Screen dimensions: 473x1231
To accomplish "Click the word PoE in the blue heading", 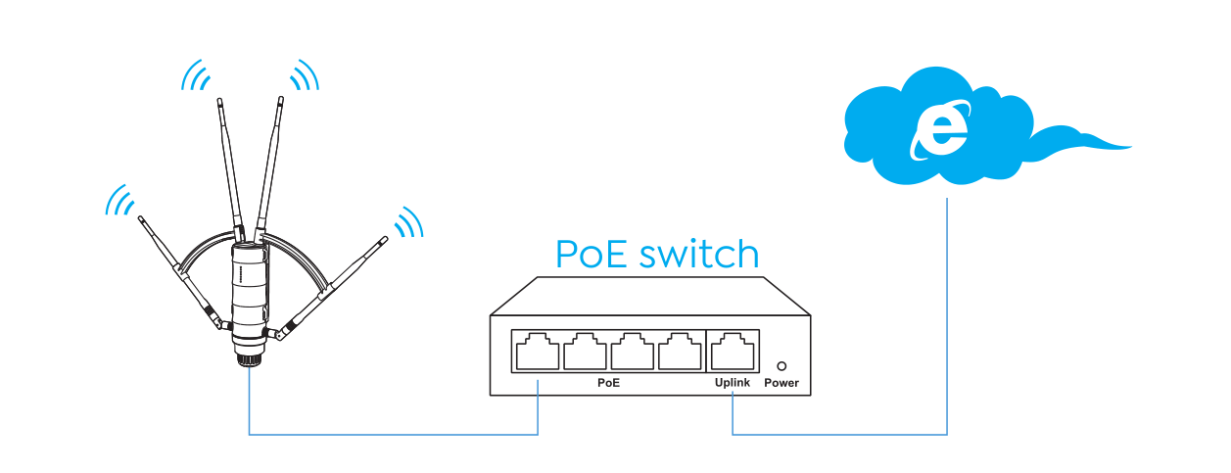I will click(591, 255).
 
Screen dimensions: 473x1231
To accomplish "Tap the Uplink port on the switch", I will click(733, 352).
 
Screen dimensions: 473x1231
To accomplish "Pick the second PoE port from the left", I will click(585, 352).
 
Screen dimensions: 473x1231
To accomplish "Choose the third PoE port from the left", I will click(632, 352).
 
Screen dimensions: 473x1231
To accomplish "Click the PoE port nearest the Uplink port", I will click(680, 352).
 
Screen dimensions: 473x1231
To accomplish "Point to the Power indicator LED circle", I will click(781, 364).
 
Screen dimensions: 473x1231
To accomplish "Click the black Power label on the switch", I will click(781, 383).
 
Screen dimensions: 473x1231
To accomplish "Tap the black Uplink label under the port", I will click(733, 383).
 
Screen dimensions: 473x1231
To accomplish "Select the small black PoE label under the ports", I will click(608, 383).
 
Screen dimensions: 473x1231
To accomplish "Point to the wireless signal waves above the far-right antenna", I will click(408, 223).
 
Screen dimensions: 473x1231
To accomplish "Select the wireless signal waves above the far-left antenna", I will click(119, 200).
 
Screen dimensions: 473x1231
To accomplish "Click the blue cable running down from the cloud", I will click(947, 313).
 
